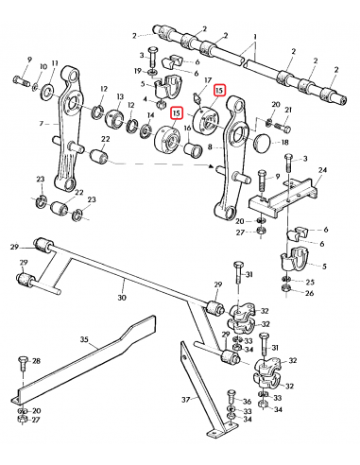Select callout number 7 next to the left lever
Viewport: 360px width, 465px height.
point(41,125)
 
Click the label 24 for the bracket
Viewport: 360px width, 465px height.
point(322,171)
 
